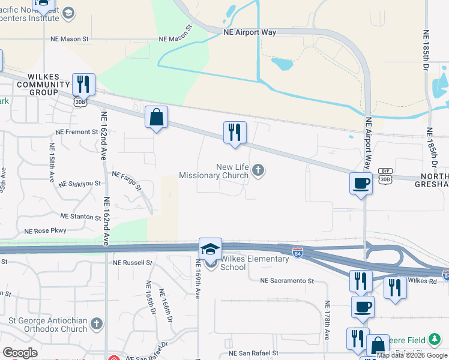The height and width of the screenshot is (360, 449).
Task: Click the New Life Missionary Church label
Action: pyautogui.click(x=214, y=172)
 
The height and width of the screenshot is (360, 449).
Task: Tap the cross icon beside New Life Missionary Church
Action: pyautogui.click(x=259, y=172)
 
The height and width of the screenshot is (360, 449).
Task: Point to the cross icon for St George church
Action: pyautogui.click(x=97, y=325)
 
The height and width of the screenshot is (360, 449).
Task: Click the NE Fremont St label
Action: pyautogui.click(x=76, y=131)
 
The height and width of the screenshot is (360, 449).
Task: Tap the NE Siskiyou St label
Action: pyautogui.click(x=80, y=183)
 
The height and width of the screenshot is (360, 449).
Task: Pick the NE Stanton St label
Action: pyautogui.click(x=81, y=217)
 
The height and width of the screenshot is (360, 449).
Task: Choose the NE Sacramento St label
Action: pyautogui.click(x=287, y=280)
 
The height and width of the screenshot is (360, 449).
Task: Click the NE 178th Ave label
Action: pyautogui.click(x=327, y=321)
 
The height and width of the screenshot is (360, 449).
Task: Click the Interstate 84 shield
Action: pyautogui.click(x=298, y=253)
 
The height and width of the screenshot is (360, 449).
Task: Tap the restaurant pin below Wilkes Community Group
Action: pyautogui.click(x=83, y=84)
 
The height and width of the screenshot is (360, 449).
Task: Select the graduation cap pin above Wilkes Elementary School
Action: pyautogui.click(x=211, y=248)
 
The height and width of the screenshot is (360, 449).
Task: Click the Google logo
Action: pyautogui.click(x=20, y=353)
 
